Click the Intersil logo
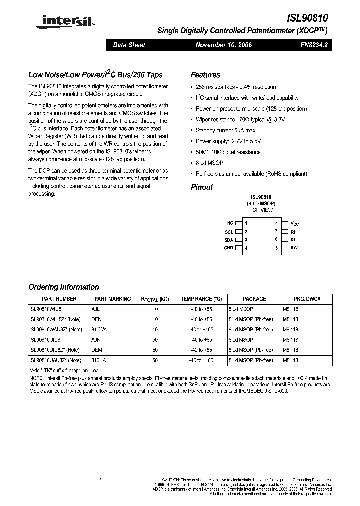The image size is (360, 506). click(x=61, y=21)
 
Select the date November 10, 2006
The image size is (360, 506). click(x=223, y=45)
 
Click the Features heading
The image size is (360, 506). click(x=205, y=75)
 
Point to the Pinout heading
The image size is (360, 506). click(x=202, y=187)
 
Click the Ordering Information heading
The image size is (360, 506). click(x=64, y=287)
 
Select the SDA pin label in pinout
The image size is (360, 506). click(x=229, y=240)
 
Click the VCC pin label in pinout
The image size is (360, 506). click(x=295, y=224)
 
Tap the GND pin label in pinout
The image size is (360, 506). click(x=229, y=248)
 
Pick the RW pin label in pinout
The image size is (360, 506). click(x=294, y=248)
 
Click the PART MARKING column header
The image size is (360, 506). click(x=112, y=299)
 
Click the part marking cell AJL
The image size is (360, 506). click(x=95, y=309)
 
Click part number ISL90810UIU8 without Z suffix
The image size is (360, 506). click(x=45, y=339)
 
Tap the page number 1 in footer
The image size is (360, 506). click(x=100, y=480)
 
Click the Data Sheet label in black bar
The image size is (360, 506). click(x=129, y=45)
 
